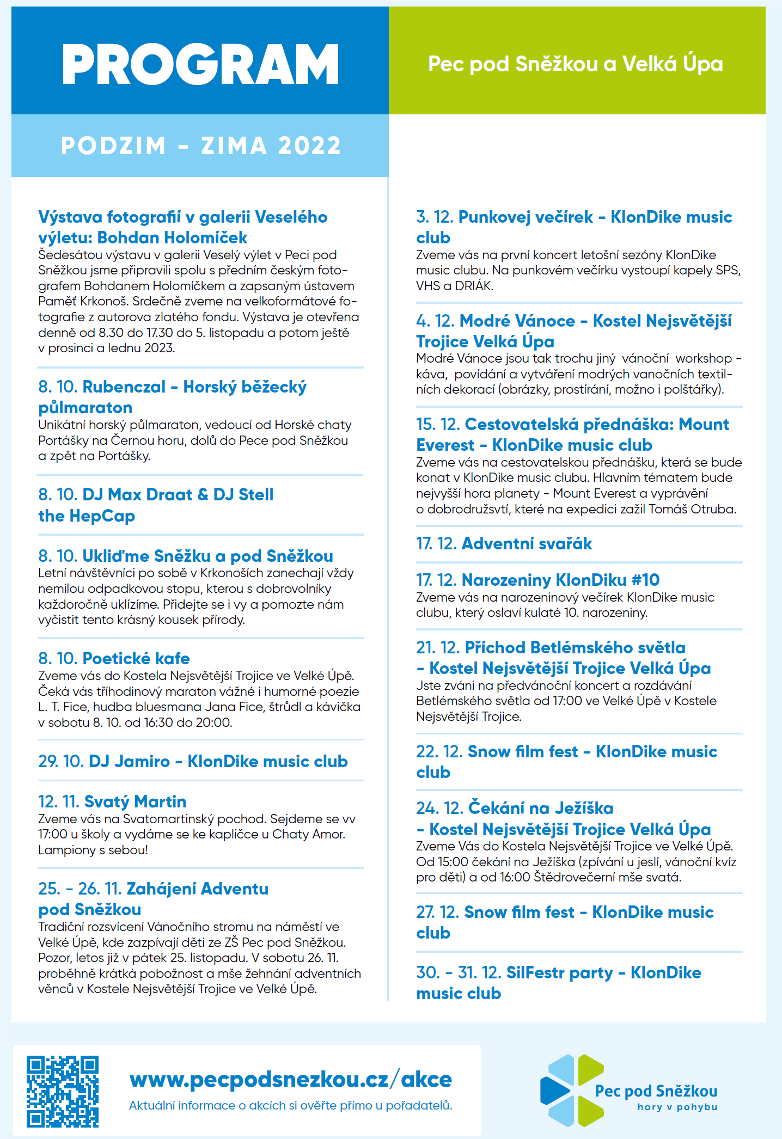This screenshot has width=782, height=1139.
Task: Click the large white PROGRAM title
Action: [x=200, y=64]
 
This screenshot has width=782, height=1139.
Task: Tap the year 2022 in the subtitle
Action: [x=309, y=146]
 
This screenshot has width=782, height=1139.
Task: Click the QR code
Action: [x=63, y=1091]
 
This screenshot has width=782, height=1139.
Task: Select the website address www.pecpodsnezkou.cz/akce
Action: [x=291, y=1079]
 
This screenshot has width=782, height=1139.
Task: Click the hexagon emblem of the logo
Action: [x=572, y=1091]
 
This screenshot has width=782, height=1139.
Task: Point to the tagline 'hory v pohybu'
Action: [x=677, y=1107]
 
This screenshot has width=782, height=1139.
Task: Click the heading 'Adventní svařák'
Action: [x=527, y=543]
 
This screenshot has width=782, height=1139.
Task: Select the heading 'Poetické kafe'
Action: [x=136, y=658]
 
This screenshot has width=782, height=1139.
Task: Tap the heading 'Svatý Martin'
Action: [x=135, y=801]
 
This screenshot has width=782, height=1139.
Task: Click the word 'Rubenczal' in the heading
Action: [x=124, y=387]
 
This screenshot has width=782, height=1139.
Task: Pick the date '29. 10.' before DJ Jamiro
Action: [x=60, y=761]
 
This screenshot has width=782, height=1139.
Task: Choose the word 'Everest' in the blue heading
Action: [x=445, y=445]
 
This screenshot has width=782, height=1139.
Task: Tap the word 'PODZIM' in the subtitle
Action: [x=113, y=146]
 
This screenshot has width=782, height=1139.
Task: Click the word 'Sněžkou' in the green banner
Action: [x=557, y=64]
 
